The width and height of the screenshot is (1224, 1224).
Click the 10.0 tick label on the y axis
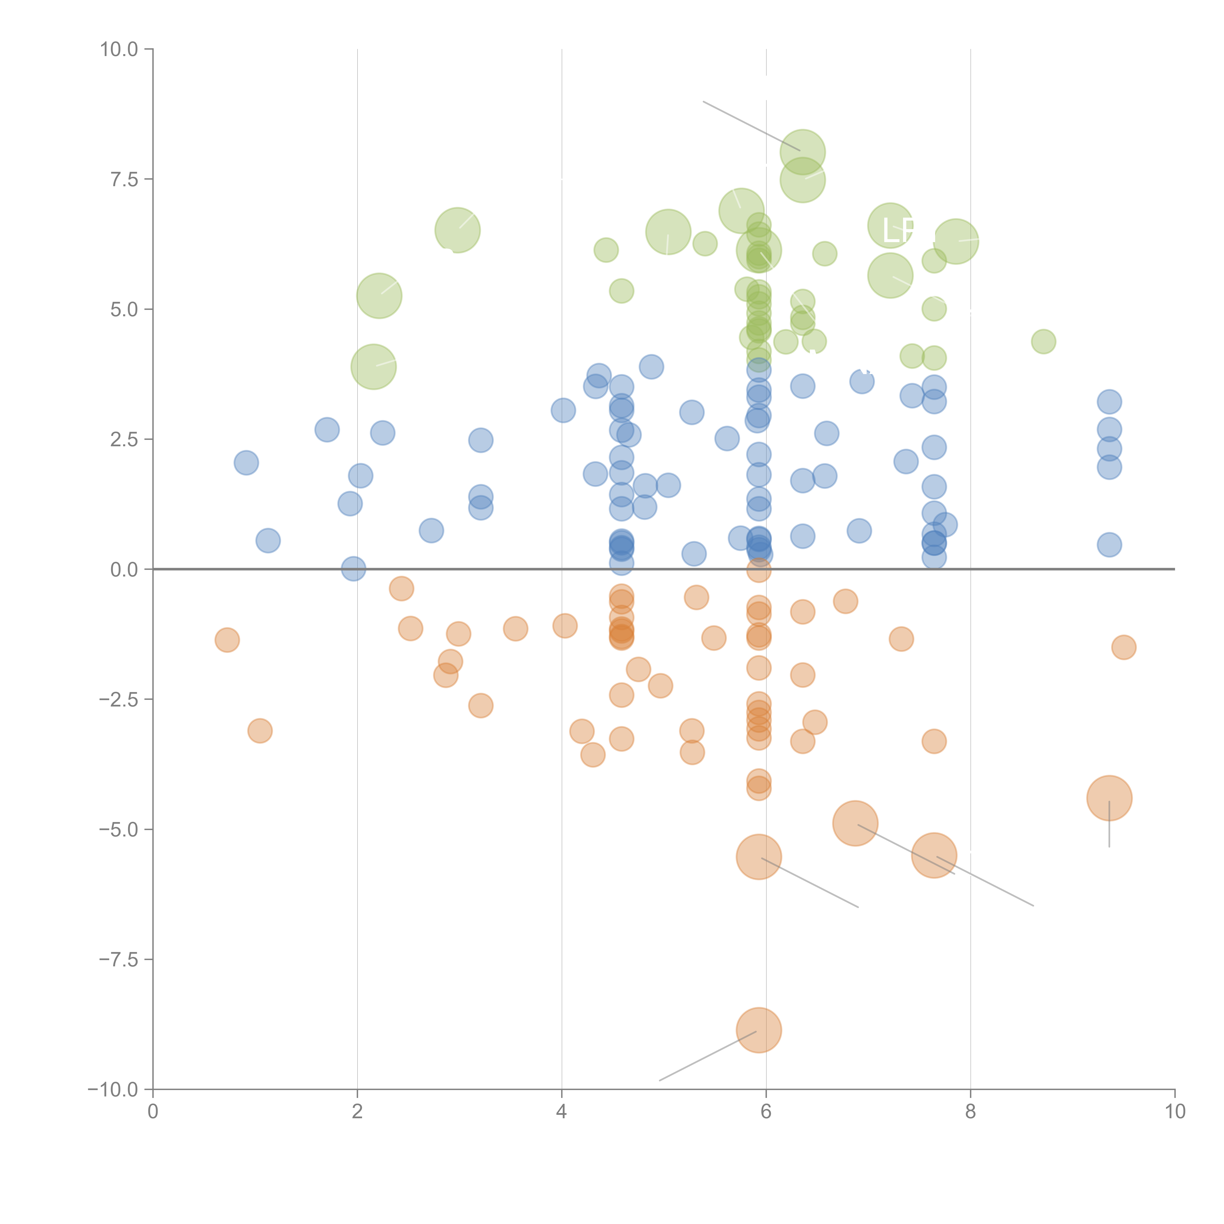(119, 49)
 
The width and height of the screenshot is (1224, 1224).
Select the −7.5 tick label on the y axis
(119, 960)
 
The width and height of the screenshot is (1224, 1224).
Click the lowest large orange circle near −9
(759, 1030)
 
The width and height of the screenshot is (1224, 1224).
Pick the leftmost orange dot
(227, 640)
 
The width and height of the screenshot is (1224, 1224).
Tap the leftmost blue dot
(246, 462)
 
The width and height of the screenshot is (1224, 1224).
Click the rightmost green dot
(1043, 341)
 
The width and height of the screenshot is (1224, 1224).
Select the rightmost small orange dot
(1123, 647)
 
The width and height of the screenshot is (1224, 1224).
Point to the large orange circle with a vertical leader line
(1109, 798)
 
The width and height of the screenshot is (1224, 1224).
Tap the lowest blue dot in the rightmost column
(1109, 544)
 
